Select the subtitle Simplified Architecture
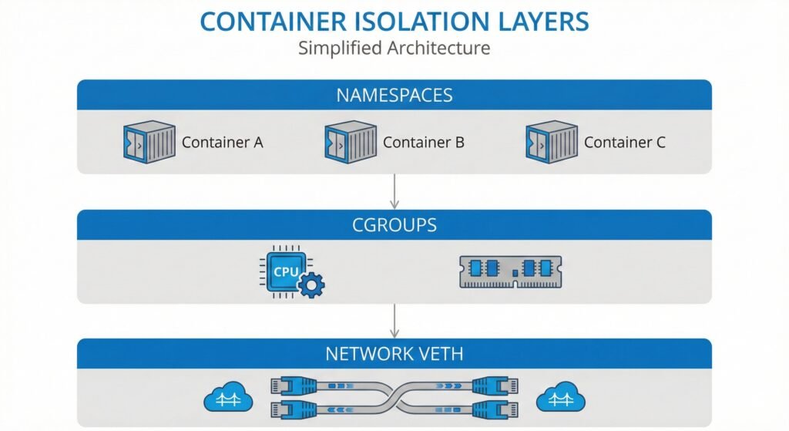tap(394, 48)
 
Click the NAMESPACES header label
tap(394, 96)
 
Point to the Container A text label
tap(222, 143)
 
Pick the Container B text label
tap(423, 143)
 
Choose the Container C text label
tap(624, 143)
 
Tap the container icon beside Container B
tap(351, 142)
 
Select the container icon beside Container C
tap(552, 142)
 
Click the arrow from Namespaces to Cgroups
tap(394, 191)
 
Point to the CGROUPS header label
tap(394, 225)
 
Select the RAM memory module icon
tap(510, 271)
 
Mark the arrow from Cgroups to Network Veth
tap(394, 321)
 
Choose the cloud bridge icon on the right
tap(560, 397)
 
